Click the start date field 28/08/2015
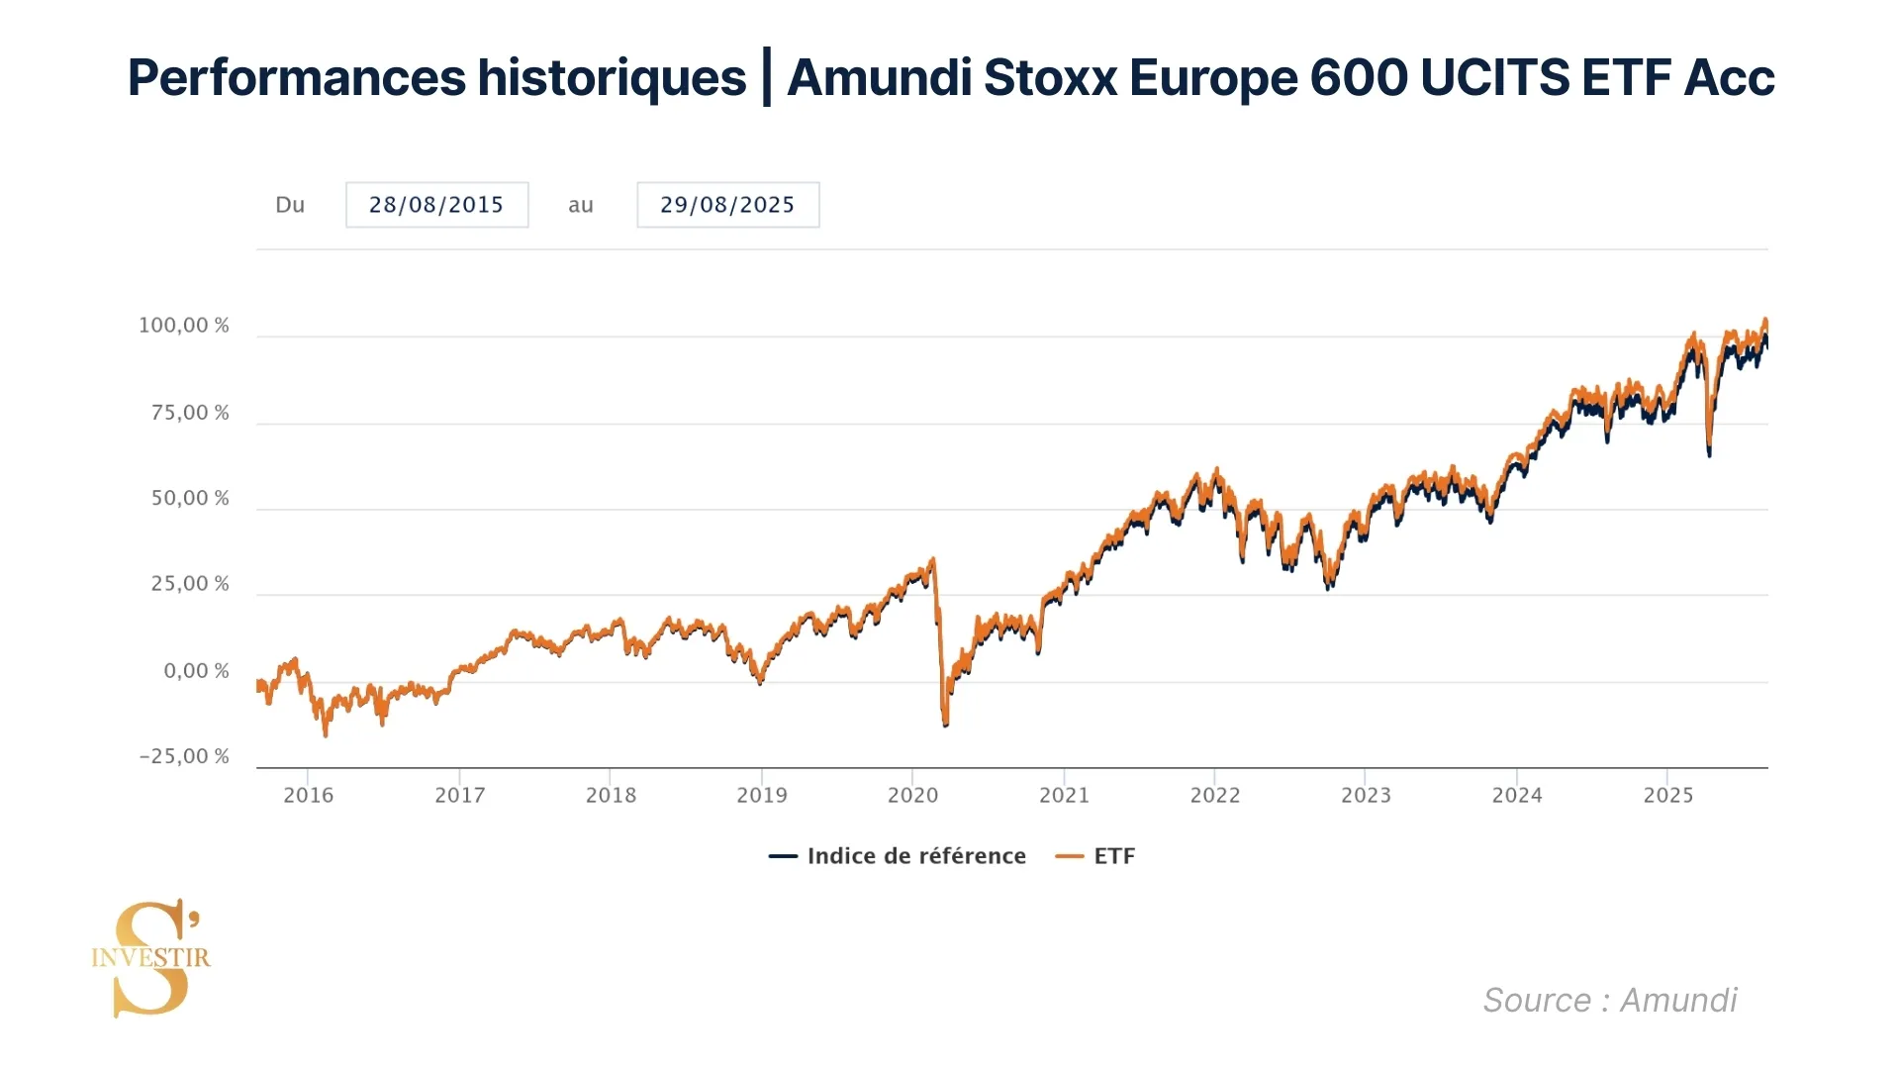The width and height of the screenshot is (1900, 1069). [x=436, y=205]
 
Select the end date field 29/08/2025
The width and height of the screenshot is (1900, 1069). [x=727, y=205]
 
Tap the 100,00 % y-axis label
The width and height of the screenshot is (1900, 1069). [x=184, y=326]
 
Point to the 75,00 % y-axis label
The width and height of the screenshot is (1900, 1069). [x=190, y=413]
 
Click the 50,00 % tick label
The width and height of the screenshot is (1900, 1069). [x=190, y=499]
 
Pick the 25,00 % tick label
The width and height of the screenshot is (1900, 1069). [x=190, y=584]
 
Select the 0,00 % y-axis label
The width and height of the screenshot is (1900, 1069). [x=196, y=671]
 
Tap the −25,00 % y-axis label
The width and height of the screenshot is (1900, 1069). [x=184, y=757]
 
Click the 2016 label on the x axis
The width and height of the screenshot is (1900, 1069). [x=309, y=795]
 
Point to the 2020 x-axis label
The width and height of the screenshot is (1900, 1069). [x=912, y=795]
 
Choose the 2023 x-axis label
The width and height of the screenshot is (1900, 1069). [x=1366, y=795]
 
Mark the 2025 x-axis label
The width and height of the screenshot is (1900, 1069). [x=1668, y=795]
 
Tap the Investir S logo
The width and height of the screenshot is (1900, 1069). [x=151, y=957]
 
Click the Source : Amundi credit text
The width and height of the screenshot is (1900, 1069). [x=1610, y=1000]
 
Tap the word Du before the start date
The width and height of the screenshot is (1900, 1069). [x=290, y=205]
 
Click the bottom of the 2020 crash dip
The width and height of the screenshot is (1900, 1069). [x=945, y=725]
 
